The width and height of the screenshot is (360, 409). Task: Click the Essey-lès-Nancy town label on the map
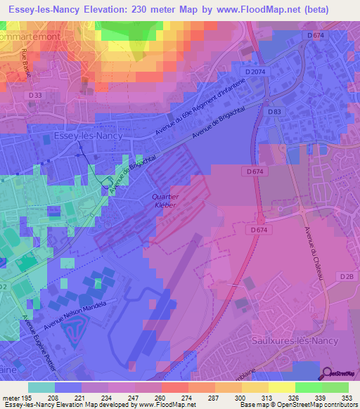[88, 137]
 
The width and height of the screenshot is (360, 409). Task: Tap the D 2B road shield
[347, 276]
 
